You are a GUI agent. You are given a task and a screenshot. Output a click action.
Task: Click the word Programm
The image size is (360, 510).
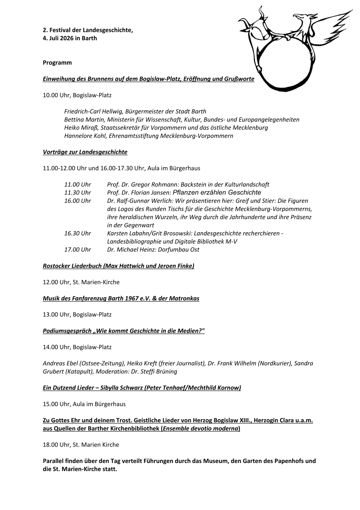point(57,63)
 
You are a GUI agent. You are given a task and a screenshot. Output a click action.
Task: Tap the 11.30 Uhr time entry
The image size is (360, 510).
point(78,192)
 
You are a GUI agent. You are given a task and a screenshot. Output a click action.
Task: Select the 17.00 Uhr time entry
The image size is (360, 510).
point(78,249)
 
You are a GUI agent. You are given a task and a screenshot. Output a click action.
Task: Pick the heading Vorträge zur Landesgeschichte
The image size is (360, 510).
point(85,152)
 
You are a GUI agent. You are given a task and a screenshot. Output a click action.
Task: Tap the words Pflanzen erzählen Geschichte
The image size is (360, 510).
point(217,192)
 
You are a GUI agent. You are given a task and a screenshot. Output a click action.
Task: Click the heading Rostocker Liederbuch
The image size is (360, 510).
point(73,266)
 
